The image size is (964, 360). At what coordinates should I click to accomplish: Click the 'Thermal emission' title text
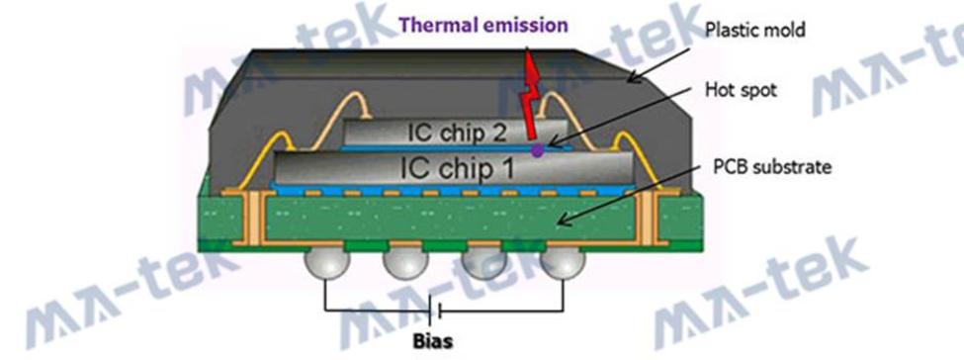[x=482, y=26]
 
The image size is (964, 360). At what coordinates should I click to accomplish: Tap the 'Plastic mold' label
[x=755, y=30]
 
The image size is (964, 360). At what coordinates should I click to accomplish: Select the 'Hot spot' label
[x=741, y=90]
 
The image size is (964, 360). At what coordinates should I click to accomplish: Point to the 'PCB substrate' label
[x=772, y=166]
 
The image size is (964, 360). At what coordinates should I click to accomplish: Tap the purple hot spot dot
[x=537, y=150]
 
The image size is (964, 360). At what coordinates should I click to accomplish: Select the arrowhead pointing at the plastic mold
[x=634, y=77]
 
